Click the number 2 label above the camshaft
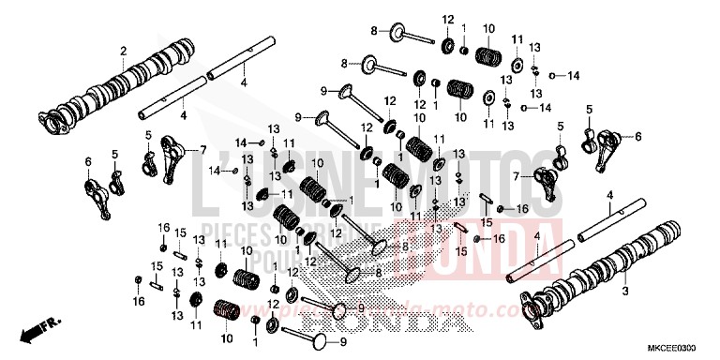coord(122,51)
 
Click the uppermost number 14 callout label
coord(574,75)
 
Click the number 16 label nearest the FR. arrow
coord(140,302)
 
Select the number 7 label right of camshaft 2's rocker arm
coord(202,149)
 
